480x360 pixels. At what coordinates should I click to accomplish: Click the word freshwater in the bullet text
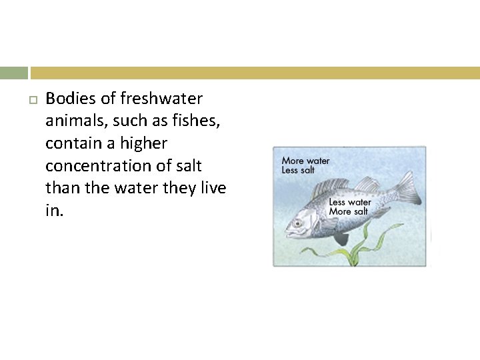pyautogui.click(x=161, y=99)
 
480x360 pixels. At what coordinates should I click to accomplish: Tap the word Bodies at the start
pyautogui.click(x=70, y=99)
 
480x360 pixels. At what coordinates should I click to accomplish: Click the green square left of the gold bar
pyautogui.click(x=14, y=73)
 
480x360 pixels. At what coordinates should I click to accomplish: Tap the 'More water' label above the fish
pyautogui.click(x=305, y=161)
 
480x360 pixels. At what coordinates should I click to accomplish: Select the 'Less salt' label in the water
pyautogui.click(x=298, y=170)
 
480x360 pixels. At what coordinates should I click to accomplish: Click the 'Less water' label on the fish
pyautogui.click(x=350, y=202)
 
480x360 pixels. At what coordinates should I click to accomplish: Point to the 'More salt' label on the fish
pyautogui.click(x=349, y=211)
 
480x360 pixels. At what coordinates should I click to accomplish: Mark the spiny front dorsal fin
pyautogui.click(x=331, y=187)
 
